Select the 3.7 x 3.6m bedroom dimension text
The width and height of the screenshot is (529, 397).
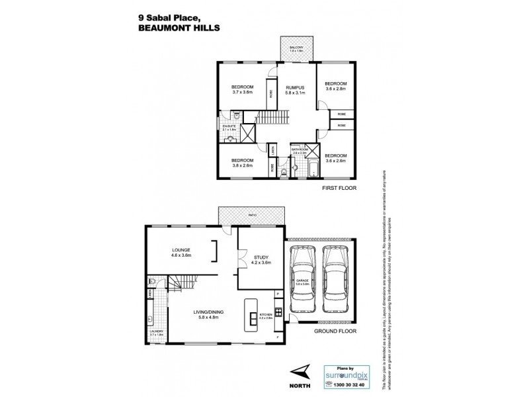tap(243, 92)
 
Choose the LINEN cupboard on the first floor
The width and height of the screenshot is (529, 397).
tap(273, 151)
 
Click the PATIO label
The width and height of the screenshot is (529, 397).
tap(253, 214)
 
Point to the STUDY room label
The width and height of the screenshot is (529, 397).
tap(259, 257)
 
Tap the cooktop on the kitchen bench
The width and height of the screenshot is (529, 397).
tap(279, 311)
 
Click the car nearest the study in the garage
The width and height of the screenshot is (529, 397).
tap(305, 277)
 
